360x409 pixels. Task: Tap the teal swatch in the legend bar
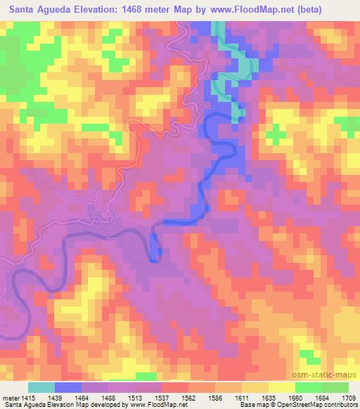click(x=41, y=387)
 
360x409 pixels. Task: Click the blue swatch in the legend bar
click(x=68, y=387)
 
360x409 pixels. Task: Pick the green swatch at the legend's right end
click(x=335, y=387)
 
